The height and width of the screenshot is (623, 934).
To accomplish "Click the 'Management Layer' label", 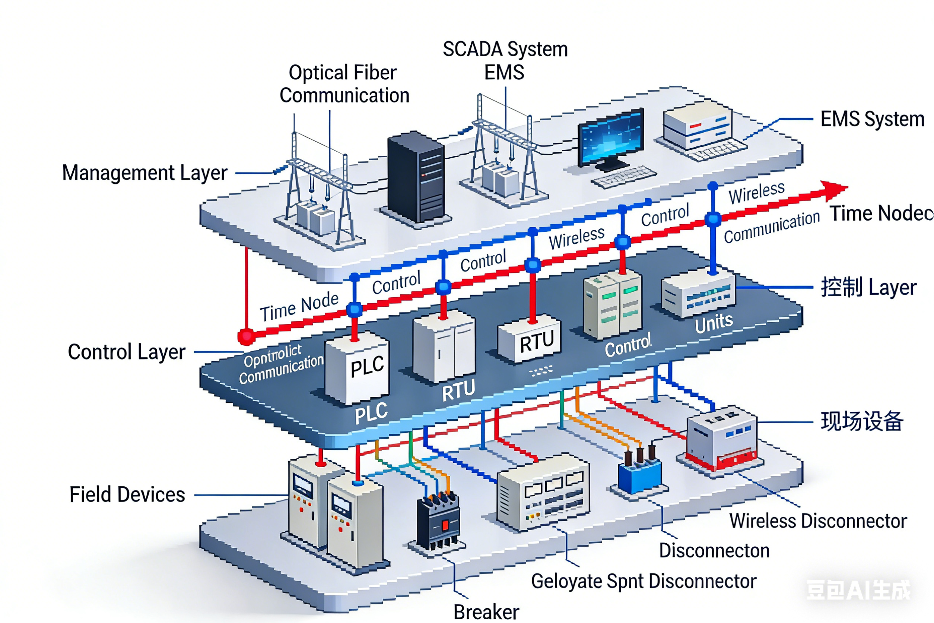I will pos(144,173).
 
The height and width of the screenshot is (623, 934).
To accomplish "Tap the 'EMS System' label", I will pos(872,119).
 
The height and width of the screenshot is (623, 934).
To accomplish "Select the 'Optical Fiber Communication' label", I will pos(344,84).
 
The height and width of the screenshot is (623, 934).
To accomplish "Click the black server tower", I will pos(415,178).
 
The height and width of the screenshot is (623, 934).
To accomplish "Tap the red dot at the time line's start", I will pos(246,336).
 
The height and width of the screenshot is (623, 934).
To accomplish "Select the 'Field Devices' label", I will pos(127,495).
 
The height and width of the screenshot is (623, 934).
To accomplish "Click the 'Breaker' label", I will pos(486,612).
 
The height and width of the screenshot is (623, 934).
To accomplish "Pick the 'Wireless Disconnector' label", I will pos(818,521).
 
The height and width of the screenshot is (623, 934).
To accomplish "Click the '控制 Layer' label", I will pos(868,287).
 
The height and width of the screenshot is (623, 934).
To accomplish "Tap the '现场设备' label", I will pos(862,421).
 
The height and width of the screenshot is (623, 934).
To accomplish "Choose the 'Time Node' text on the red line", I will pos(299,307).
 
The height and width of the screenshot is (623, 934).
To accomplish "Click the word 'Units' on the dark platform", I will pos(714,323).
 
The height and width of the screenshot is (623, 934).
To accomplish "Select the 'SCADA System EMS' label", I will pos(505,61).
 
